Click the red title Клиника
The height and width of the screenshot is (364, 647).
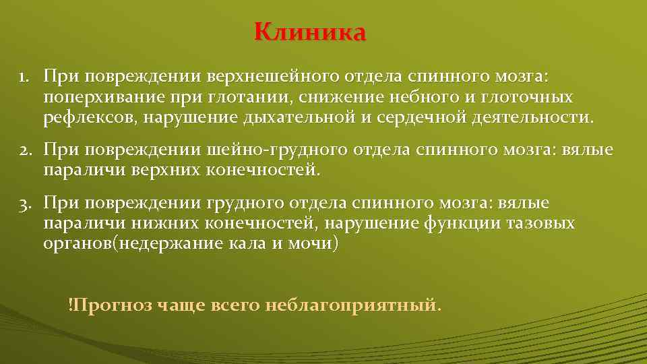pos(311,32)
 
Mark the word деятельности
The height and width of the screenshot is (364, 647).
pos(525,118)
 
